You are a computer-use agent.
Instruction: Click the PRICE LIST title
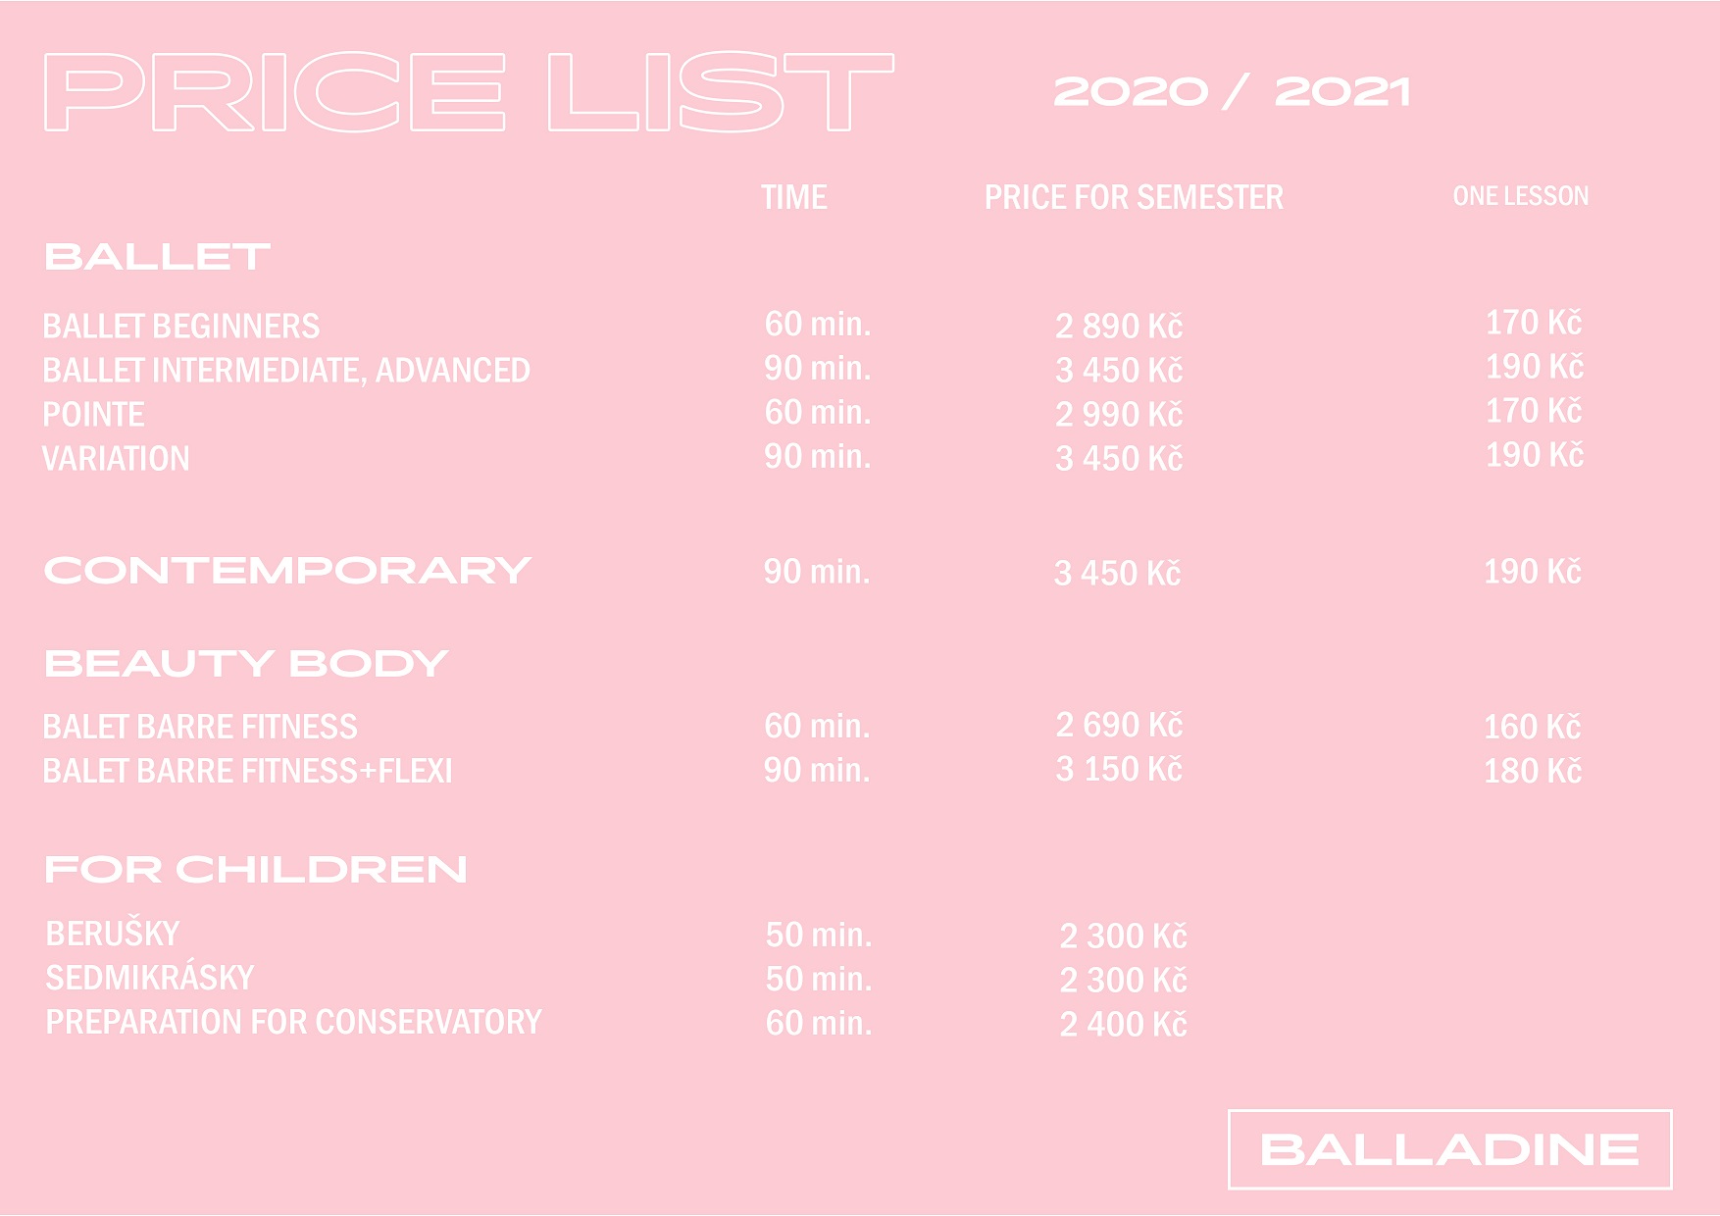pos(469,91)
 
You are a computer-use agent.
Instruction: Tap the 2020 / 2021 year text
pos(1232,92)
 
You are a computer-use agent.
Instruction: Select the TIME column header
pos(794,197)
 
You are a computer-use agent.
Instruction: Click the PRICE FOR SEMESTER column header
pos(1134,197)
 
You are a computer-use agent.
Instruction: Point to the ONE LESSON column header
pos(1521,196)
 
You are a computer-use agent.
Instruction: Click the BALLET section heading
pos(157,257)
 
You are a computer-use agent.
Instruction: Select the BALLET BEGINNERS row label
pos(181,326)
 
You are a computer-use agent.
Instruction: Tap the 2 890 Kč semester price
pos(1119,326)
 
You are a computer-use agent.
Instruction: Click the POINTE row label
pos(93,414)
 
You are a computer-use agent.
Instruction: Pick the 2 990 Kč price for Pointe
pos(1119,414)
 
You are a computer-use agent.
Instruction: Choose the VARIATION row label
pos(116,458)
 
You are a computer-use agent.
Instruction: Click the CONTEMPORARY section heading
pos(287,571)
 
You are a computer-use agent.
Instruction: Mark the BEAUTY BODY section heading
pos(246,664)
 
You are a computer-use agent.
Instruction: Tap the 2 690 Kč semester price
pos(1119,725)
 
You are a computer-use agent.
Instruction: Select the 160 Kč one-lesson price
pos(1533,727)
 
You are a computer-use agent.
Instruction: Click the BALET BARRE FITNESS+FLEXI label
pos(248,771)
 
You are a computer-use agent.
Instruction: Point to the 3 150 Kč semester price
pos(1119,769)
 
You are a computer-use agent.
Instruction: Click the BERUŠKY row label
pos(113,934)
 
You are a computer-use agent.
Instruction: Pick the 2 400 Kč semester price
pos(1124,1024)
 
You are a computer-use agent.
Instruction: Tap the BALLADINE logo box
pos(1449,1111)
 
